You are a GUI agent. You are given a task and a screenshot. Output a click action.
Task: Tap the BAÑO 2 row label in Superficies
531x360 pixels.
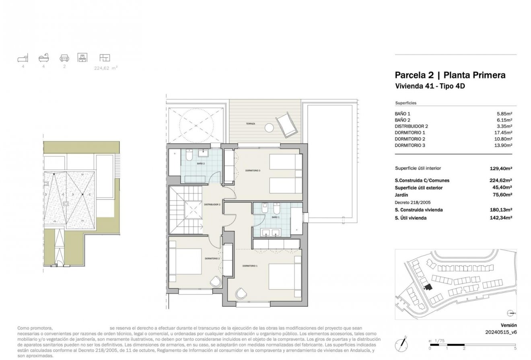403,120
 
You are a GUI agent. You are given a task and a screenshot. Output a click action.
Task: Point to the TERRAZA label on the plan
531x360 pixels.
251,124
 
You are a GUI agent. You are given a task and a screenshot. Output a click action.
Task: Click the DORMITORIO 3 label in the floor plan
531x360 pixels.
253,171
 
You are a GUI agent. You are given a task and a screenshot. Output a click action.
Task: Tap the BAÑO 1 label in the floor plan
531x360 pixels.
275,217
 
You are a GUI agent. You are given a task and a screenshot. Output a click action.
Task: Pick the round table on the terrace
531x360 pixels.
269,128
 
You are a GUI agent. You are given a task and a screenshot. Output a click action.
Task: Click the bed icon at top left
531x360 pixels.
23,58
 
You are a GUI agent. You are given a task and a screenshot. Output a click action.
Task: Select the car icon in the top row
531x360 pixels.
64,58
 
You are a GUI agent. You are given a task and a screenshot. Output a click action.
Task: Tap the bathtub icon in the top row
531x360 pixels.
43,58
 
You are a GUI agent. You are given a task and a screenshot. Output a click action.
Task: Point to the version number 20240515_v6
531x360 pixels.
501,332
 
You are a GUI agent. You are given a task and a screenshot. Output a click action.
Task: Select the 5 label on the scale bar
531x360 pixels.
515,349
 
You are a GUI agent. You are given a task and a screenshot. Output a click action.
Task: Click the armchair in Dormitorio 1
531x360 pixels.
242,293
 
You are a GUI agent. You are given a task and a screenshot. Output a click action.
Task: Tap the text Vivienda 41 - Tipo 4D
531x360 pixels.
430,86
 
